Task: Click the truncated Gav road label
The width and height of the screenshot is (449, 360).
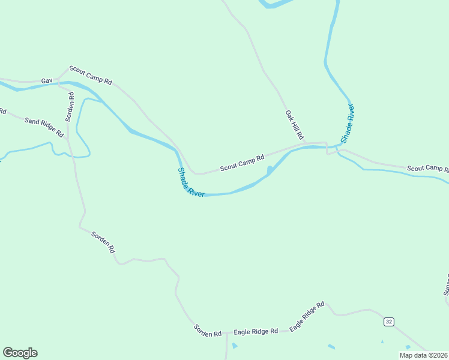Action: [47, 80]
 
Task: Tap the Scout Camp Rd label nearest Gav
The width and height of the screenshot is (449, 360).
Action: [91, 74]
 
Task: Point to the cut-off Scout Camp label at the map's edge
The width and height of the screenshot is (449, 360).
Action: [428, 168]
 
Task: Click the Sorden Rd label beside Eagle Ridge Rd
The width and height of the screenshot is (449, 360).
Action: [208, 329]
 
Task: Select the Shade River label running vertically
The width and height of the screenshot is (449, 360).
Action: [348, 123]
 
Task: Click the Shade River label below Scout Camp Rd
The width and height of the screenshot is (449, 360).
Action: [191, 182]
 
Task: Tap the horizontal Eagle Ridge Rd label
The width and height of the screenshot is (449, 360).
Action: [256, 331]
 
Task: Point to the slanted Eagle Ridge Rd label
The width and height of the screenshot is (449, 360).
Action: [307, 316]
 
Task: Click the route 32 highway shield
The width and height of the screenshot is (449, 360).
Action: [389, 322]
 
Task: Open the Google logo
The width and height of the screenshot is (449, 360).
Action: [20, 353]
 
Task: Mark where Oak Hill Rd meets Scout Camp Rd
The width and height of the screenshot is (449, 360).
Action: [307, 145]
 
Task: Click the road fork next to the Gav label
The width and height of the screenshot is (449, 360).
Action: [59, 79]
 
